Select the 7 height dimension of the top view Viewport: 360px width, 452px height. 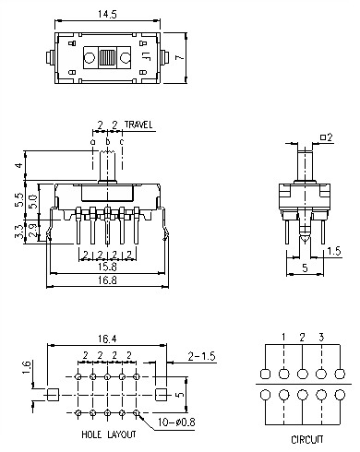192,56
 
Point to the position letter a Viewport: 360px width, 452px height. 93,141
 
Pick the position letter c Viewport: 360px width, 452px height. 122,141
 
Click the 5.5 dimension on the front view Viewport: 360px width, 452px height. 19,198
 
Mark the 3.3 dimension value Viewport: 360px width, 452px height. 19,232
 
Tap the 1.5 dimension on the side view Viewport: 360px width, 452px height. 336,250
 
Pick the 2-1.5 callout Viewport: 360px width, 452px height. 200,355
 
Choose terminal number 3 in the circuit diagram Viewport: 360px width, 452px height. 320,338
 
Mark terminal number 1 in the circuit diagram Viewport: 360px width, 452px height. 284,338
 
